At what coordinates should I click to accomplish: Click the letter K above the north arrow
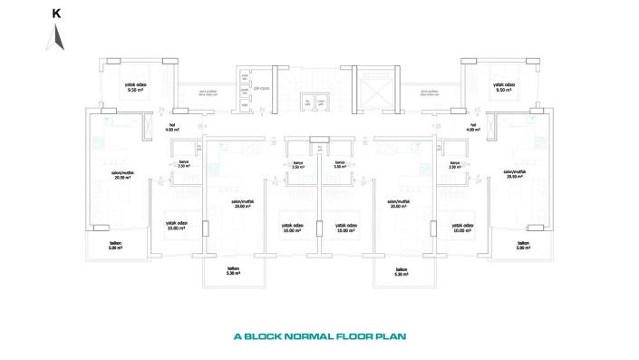point(56,14)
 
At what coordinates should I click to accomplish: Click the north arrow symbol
point(56,36)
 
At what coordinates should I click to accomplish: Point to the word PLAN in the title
point(391,336)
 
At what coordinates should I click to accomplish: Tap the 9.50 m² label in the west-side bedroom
point(137,89)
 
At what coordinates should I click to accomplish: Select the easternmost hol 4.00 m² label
point(471,128)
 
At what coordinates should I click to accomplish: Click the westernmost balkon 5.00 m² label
point(115,246)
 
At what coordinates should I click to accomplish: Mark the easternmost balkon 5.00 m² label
point(523,246)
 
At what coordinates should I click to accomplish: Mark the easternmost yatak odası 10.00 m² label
point(462,229)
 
